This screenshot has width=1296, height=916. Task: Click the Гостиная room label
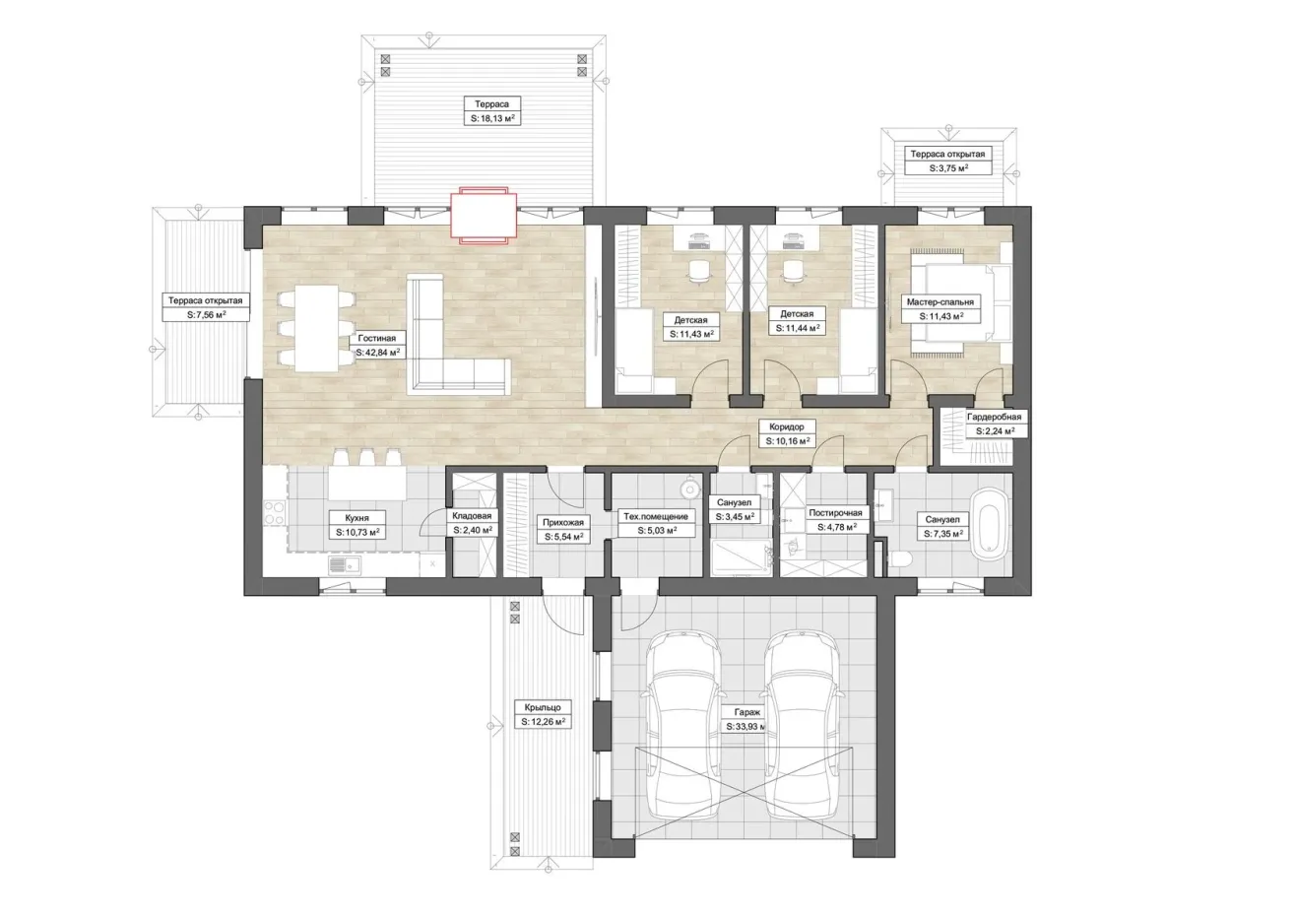[x=376, y=338]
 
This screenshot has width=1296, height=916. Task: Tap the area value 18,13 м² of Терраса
[x=492, y=118]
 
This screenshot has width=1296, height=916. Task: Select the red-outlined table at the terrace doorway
[x=484, y=216]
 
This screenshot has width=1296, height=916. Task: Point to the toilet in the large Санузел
[x=900, y=558]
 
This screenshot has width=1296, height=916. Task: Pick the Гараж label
[x=747, y=712]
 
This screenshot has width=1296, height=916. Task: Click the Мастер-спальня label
[x=940, y=301]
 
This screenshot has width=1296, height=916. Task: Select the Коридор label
[x=787, y=426]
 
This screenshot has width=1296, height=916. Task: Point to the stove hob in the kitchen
[x=274, y=513]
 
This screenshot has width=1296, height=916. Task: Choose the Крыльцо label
[x=543, y=707]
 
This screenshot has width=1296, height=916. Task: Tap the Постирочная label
[x=835, y=513]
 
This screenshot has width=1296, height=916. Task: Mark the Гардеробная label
[x=994, y=417]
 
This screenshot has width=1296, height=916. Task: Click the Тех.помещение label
[x=656, y=516]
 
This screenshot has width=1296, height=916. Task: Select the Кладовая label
[x=472, y=515]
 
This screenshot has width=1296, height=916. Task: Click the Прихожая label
[x=563, y=522]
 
